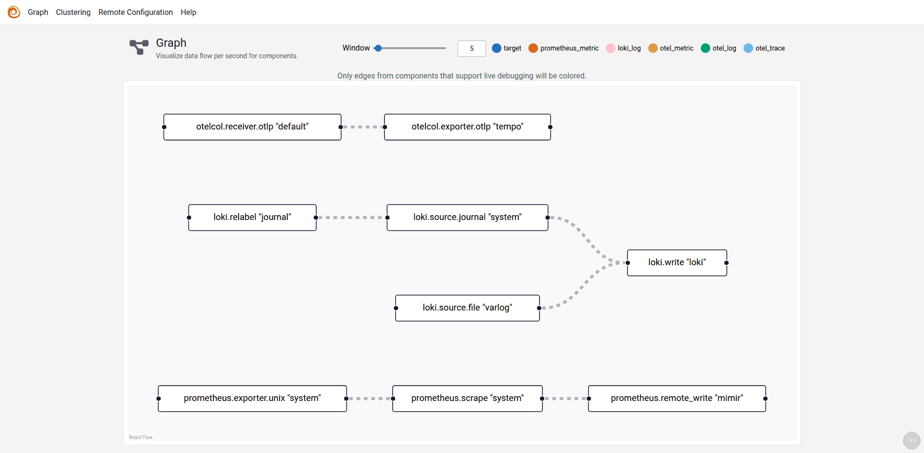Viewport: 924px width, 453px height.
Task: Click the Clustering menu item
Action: click(73, 12)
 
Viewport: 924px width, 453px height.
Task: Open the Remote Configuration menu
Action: click(135, 12)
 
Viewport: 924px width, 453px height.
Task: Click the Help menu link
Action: click(188, 12)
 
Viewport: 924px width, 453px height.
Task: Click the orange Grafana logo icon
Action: click(14, 12)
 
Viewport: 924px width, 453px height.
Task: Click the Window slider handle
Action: click(378, 48)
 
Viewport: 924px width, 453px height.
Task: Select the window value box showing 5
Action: click(471, 49)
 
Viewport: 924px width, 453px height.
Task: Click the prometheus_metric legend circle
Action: click(533, 48)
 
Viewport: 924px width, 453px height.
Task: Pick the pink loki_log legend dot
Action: click(610, 48)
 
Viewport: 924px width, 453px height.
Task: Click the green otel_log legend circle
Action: click(706, 48)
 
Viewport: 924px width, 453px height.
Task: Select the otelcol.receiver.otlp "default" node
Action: click(252, 127)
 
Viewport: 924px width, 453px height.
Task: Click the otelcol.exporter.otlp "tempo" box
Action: click(467, 127)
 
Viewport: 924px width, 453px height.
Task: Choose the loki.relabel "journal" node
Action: click(252, 218)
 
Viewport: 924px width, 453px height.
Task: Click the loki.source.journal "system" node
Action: click(467, 218)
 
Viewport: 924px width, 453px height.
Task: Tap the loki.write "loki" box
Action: click(677, 263)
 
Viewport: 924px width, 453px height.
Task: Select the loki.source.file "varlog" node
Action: click(467, 308)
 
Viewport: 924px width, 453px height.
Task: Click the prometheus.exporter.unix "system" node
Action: click(252, 399)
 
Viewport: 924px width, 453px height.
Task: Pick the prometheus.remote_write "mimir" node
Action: click(677, 399)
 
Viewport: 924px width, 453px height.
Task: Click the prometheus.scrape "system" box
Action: click(467, 399)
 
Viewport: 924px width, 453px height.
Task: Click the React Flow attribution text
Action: click(141, 437)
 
